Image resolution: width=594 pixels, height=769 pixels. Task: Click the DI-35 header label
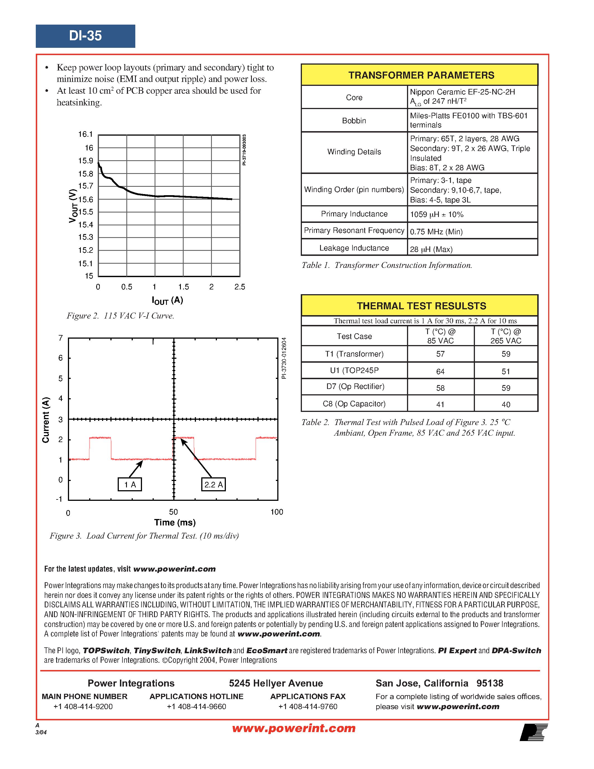pos(85,36)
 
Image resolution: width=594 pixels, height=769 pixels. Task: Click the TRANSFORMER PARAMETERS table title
pos(421,75)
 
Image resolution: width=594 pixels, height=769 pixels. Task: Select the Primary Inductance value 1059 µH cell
pos(437,214)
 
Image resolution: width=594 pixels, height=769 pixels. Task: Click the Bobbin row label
pos(354,121)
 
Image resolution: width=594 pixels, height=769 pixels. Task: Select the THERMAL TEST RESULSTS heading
pos(421,306)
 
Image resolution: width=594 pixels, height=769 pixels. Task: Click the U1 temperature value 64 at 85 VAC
pos(440,371)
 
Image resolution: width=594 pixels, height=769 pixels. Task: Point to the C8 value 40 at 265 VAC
pos(506,405)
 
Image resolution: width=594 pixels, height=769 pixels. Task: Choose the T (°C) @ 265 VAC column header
pos(506,336)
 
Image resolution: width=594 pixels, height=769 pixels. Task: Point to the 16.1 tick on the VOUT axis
pos(86,134)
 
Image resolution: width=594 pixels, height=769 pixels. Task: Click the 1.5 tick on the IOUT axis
pos(183,287)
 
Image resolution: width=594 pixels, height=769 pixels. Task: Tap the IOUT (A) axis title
pos(167,300)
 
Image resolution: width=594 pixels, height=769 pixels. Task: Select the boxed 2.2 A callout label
pos(213,485)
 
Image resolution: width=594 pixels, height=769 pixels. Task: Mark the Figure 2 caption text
pos(120,316)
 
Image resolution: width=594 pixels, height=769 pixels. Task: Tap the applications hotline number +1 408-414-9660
pos(196,707)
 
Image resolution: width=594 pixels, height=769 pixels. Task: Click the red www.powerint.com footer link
pos(294,728)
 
